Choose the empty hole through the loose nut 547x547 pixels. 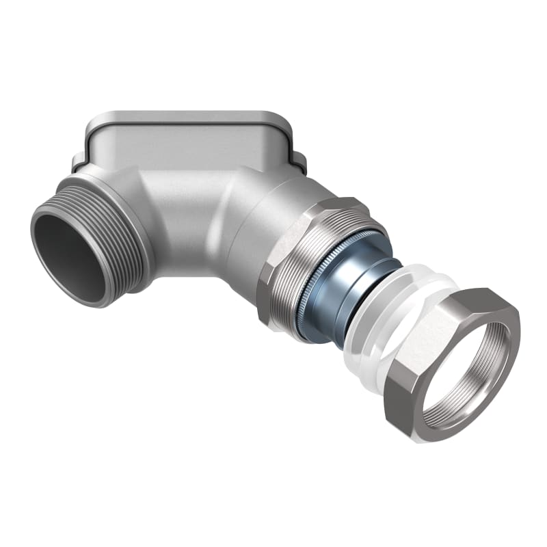click(x=465, y=373)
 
